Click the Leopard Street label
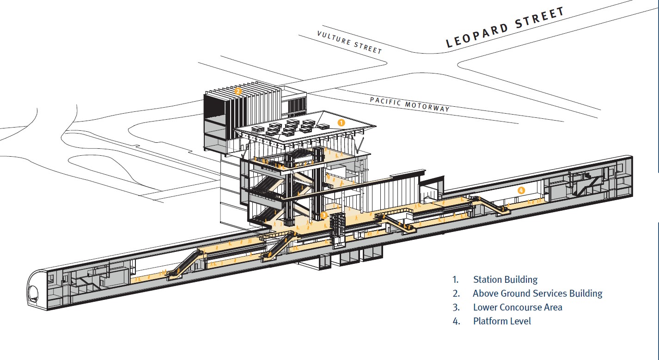[x=505, y=27]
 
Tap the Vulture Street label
[x=349, y=43]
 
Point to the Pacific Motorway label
[x=410, y=104]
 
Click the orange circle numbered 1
[x=341, y=122]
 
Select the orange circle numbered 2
[x=238, y=91]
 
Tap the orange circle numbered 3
[x=323, y=215]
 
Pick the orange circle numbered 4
[x=521, y=190]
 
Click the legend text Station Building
[x=505, y=280]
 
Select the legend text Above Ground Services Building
[x=537, y=293]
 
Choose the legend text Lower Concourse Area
[x=518, y=307]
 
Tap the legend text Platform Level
[x=502, y=321]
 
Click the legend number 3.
[x=456, y=307]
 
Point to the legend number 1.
[x=455, y=280]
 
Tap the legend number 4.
[x=456, y=321]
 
